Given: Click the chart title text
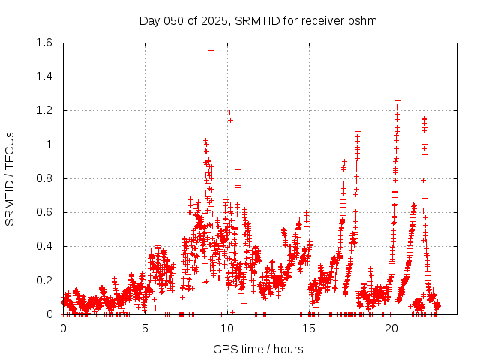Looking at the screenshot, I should [x=258, y=20].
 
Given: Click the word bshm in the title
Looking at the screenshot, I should [x=363, y=20].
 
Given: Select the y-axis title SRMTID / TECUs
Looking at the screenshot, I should [x=10, y=178].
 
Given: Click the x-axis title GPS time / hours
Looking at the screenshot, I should [x=258, y=349].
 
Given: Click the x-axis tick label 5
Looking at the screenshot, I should [x=145, y=328].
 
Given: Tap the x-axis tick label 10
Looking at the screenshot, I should [x=227, y=328].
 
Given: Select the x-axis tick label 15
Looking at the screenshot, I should [x=309, y=328].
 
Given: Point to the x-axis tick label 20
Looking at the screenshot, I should [x=391, y=328].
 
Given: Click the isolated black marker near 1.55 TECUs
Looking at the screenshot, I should [x=211, y=50].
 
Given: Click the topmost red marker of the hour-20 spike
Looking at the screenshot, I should [x=397, y=100].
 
